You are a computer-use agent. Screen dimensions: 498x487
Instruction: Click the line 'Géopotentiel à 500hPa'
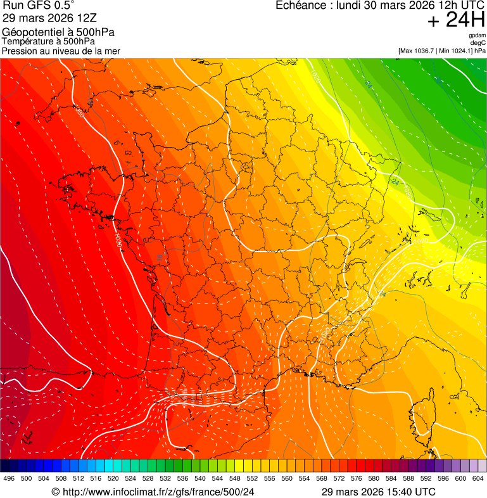[x=59, y=32]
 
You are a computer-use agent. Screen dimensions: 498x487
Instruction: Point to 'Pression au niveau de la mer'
[x=61, y=51]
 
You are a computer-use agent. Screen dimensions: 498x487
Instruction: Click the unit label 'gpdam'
[x=477, y=35]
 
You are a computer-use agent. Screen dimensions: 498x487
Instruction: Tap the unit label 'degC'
[x=478, y=43]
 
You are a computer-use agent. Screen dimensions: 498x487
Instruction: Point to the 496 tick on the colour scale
[x=9, y=479]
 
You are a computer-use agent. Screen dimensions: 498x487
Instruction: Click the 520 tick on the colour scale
[x=113, y=479]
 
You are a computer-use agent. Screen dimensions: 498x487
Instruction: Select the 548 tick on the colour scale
[x=234, y=479]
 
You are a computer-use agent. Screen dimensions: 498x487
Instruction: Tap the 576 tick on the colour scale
[x=356, y=479]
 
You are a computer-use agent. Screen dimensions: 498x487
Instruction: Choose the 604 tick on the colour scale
[x=478, y=479]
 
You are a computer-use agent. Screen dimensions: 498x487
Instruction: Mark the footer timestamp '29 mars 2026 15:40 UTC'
[x=378, y=492]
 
